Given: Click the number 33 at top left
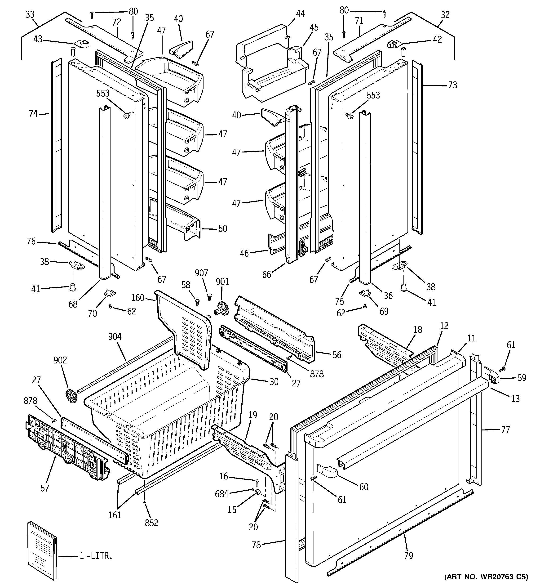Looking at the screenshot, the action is tap(30, 14).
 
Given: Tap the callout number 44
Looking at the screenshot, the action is tap(300, 13).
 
